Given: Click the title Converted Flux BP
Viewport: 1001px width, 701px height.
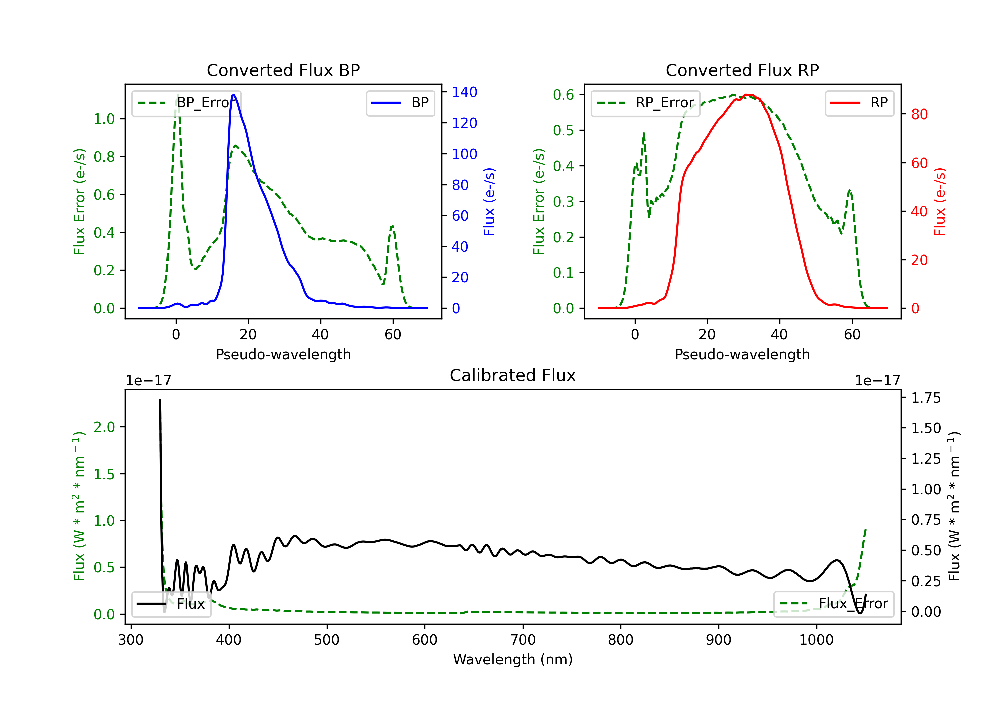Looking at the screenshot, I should (x=283, y=70).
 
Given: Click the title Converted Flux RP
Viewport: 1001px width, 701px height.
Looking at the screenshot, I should (x=742, y=70).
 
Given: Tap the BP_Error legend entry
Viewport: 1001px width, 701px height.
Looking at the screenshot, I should (x=187, y=103).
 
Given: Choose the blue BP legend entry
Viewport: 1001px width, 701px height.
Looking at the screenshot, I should (x=400, y=103).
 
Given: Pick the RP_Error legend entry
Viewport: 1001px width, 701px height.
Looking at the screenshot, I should (x=645, y=103).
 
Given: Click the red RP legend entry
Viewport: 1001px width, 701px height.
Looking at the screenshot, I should (x=859, y=103).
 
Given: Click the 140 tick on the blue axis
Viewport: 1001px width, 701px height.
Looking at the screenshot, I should (x=464, y=92).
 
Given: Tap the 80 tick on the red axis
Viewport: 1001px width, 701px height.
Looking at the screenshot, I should (x=919, y=114).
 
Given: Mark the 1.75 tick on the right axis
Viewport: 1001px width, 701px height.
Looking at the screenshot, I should (x=926, y=398).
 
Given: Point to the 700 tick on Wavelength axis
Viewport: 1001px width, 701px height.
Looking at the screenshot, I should (x=523, y=640).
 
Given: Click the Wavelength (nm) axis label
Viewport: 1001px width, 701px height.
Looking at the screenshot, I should (x=513, y=659).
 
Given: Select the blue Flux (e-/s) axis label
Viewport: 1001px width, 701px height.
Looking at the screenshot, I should (x=489, y=202).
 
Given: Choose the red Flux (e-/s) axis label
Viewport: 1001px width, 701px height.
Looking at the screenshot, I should (x=940, y=202).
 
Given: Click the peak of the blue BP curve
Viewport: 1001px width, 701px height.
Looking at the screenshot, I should (x=234, y=95).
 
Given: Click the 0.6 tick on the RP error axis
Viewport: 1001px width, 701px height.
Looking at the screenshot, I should (x=563, y=95).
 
